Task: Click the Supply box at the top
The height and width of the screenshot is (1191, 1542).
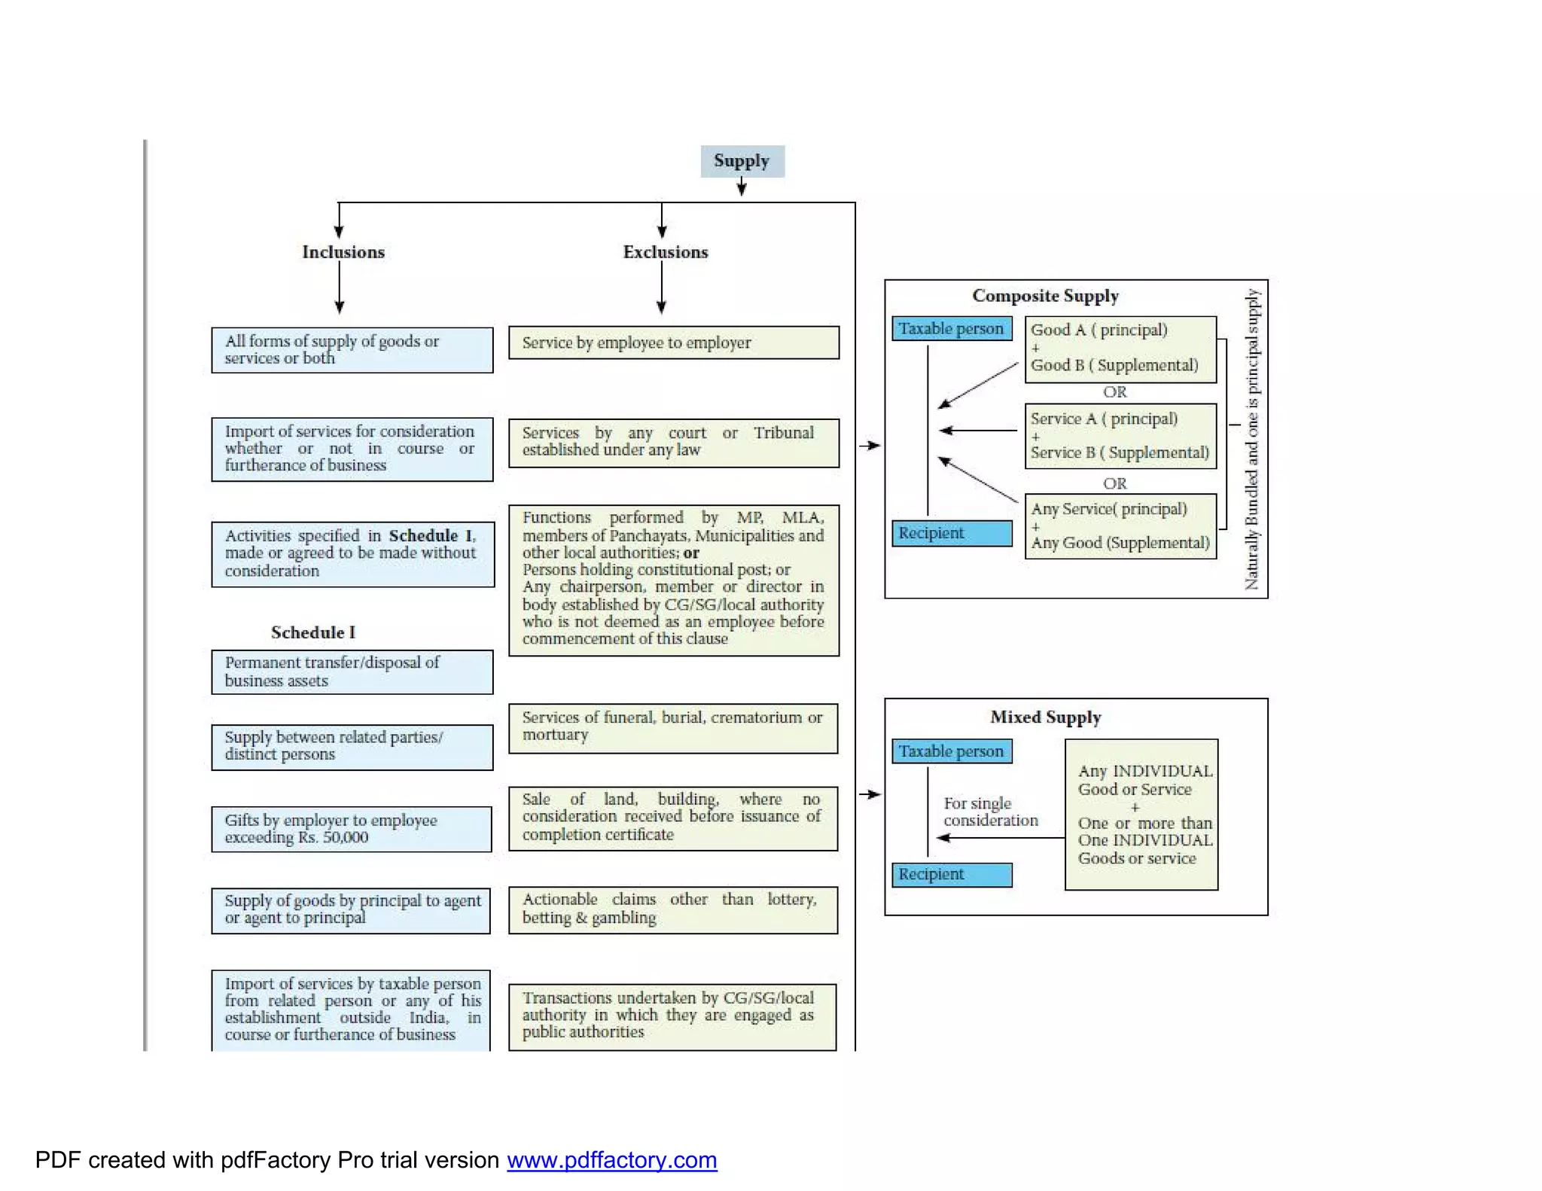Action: [742, 161]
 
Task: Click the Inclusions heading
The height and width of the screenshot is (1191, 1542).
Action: [343, 252]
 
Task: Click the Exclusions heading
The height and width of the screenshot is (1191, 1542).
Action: [666, 252]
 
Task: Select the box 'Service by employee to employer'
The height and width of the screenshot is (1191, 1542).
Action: [673, 343]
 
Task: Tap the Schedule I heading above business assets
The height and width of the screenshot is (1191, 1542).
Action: [312, 632]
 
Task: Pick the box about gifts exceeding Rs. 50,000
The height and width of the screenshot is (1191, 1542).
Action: [352, 829]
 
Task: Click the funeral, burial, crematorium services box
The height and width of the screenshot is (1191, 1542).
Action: [673, 727]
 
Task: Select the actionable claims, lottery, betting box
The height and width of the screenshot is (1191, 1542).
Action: [673, 909]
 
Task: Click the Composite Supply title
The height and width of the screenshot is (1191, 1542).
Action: [1045, 296]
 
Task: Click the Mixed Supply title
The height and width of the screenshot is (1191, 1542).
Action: [1045, 717]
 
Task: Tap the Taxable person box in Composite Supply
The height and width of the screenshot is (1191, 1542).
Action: [952, 329]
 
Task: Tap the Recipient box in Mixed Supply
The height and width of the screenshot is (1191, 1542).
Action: [952, 874]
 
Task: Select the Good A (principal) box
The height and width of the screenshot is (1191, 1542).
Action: [1120, 349]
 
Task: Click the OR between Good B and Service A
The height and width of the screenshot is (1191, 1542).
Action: [1114, 392]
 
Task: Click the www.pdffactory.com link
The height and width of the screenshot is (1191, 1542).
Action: [611, 1160]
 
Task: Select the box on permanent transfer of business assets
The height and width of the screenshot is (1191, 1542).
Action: [352, 672]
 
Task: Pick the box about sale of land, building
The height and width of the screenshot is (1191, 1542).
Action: [673, 818]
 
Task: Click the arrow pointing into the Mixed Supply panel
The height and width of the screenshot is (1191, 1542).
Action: [870, 794]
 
